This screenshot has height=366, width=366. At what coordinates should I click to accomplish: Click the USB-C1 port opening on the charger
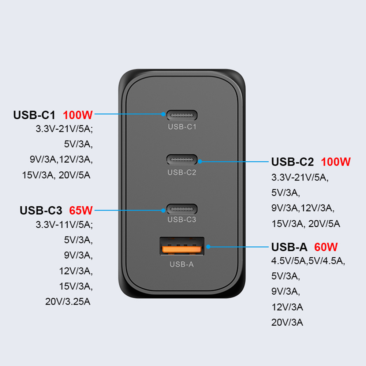(182, 115)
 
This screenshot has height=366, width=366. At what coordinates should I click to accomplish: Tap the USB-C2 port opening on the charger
(182, 160)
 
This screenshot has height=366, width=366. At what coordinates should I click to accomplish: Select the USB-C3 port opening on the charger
(182, 209)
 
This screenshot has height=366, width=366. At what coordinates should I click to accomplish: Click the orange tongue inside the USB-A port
(182, 249)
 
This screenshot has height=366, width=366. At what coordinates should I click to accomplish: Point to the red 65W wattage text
(81, 210)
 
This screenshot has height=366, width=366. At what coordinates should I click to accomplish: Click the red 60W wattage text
(326, 247)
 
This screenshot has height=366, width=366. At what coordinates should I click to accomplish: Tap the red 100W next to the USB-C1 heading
(78, 115)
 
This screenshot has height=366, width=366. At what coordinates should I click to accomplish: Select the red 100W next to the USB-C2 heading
(336, 162)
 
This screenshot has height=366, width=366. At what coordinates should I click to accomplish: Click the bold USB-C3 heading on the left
(41, 210)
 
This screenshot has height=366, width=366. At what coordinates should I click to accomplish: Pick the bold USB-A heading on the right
(289, 247)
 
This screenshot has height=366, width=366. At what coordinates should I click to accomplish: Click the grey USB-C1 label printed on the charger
(182, 127)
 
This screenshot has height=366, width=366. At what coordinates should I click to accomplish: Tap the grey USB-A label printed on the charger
(182, 264)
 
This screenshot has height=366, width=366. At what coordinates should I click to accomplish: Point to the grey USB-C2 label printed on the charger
(182, 172)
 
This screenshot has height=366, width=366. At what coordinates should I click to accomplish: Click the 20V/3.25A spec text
(68, 302)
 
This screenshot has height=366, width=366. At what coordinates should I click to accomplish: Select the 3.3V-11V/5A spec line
(64, 225)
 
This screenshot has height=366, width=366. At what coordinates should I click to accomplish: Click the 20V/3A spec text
(287, 322)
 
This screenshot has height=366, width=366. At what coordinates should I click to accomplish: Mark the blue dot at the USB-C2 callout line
(200, 161)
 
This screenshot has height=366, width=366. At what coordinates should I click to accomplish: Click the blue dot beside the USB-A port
(208, 247)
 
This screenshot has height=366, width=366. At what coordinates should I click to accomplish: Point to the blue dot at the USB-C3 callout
(163, 210)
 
